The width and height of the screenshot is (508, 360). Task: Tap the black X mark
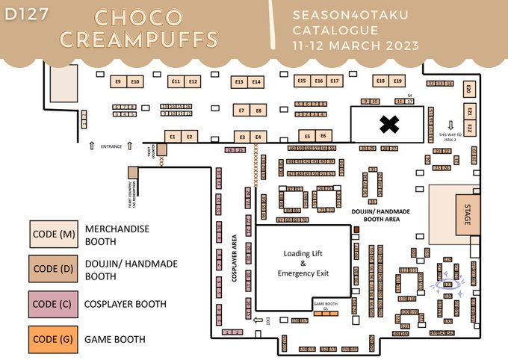[x=388, y=125]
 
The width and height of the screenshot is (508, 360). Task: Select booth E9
[x=118, y=81]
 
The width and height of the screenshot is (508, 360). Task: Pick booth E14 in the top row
[x=256, y=81]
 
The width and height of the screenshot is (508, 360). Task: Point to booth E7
[x=241, y=110]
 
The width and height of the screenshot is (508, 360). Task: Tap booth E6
[x=323, y=136]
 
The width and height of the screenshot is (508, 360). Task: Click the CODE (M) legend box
[x=53, y=235]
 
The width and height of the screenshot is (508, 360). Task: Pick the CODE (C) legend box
[x=53, y=304]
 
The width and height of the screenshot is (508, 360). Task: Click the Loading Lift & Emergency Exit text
[x=303, y=263]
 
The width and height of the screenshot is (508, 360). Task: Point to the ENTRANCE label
[x=111, y=147]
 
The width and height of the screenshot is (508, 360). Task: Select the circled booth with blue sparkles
[x=448, y=284]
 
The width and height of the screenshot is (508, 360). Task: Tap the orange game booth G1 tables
[x=326, y=313]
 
